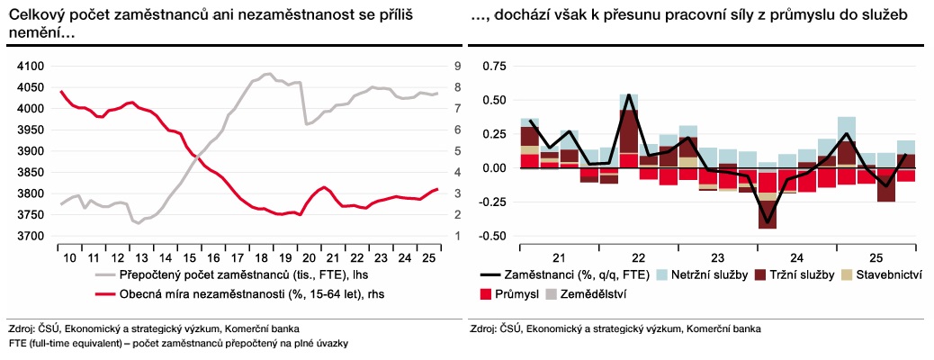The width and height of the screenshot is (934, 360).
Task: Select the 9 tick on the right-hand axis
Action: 458,67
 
